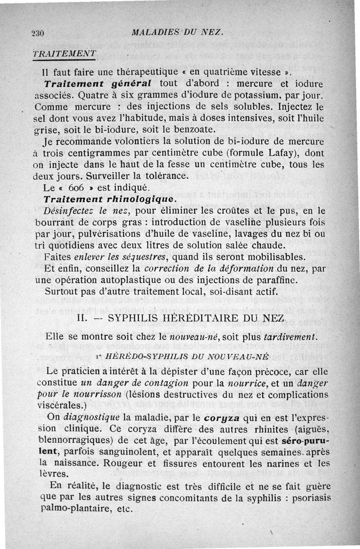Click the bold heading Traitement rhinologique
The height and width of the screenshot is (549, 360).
[108, 198]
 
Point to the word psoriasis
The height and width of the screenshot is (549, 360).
[306, 498]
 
